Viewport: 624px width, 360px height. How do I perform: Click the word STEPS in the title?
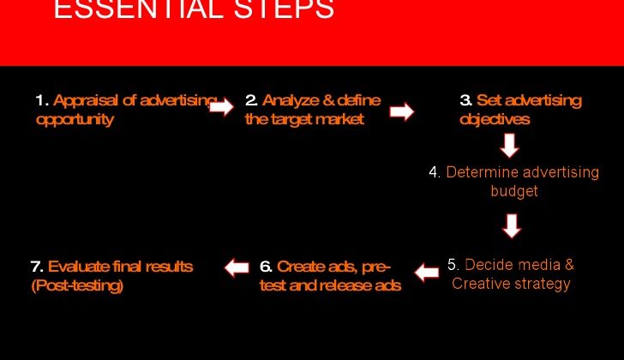click(x=284, y=9)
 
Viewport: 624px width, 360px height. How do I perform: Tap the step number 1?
click(x=42, y=100)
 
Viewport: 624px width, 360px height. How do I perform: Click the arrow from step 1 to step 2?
click(x=221, y=106)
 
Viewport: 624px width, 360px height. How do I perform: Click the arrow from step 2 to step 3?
click(x=402, y=111)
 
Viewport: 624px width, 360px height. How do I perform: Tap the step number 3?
click(x=466, y=100)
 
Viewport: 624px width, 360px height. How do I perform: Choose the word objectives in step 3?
click(x=495, y=119)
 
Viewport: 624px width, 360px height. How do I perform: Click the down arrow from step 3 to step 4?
click(x=509, y=145)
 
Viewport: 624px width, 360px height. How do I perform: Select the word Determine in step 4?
click(x=482, y=172)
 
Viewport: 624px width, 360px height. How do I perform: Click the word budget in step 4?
click(x=514, y=191)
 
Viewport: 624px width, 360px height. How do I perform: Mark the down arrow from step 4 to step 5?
click(x=512, y=226)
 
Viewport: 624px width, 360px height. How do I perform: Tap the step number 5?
click(x=453, y=265)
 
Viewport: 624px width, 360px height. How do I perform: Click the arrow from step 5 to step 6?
click(x=427, y=273)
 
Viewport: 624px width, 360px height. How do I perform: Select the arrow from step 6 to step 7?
click(x=237, y=267)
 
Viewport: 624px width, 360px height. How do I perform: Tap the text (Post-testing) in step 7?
click(x=77, y=285)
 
